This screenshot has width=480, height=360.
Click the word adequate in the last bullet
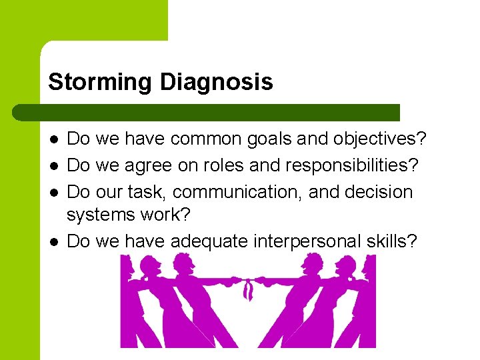(209, 241)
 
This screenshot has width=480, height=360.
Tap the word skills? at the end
(393, 241)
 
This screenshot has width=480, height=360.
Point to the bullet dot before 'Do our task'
(53, 193)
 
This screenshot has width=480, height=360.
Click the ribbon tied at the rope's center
(248, 288)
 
